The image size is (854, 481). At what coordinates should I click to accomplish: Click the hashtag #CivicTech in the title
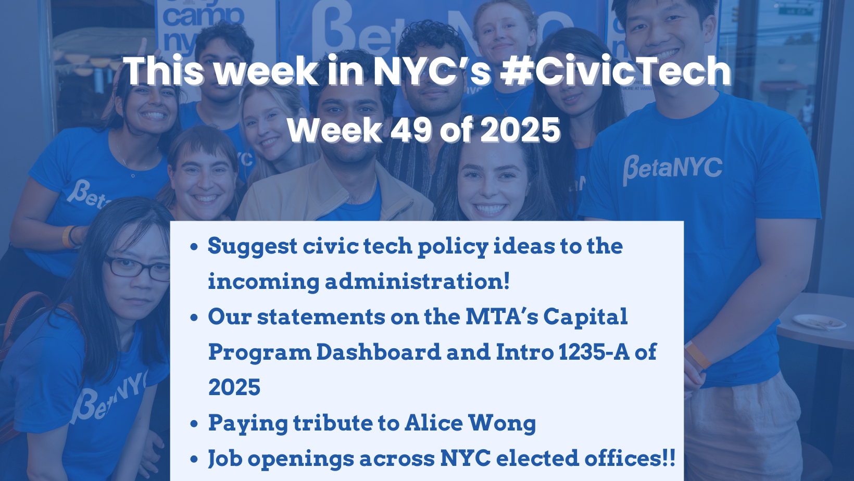[616, 71]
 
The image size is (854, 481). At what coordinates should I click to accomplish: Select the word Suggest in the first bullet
[252, 246]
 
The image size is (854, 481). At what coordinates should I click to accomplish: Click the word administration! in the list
[417, 282]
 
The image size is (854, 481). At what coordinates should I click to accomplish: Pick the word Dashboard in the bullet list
[378, 352]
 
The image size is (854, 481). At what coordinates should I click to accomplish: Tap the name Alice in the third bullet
[433, 423]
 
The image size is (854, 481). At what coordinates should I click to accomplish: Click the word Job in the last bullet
[225, 459]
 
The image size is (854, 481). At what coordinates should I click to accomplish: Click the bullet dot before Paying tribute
[194, 424]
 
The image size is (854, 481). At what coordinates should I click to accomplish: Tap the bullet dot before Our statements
[194, 318]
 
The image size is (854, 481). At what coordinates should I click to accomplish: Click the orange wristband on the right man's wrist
[697, 356]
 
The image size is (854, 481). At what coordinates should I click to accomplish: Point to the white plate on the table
[819, 322]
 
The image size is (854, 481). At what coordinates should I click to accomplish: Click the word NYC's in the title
[432, 71]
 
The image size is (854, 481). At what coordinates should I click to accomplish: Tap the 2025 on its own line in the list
[234, 388]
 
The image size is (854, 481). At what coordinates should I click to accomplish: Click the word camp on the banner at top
[203, 17]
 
